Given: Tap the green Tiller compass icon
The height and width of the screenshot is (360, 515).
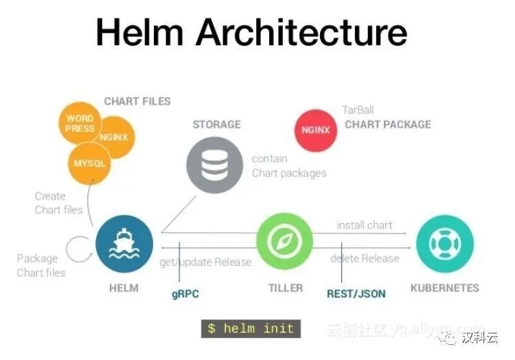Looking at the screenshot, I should click(284, 243).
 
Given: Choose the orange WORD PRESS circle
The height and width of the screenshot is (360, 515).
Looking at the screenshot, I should click(80, 123).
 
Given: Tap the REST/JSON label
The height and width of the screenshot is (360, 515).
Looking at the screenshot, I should click(356, 294).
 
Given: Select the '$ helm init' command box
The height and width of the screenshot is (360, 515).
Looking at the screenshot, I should click(251, 328).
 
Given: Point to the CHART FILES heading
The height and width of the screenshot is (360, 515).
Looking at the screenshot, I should click(137, 101).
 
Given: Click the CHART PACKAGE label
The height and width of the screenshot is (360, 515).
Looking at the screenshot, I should click(388, 124).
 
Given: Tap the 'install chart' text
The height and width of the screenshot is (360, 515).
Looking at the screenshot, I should click(364, 225).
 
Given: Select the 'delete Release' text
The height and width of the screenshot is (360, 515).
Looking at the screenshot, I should click(364, 258).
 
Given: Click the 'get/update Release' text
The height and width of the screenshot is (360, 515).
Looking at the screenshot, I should click(205, 262).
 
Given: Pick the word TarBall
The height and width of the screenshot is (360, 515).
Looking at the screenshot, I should click(358, 110).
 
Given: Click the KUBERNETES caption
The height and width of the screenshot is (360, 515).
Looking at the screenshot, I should click(444, 288).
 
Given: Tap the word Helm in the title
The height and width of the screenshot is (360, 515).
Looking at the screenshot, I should click(139, 32).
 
